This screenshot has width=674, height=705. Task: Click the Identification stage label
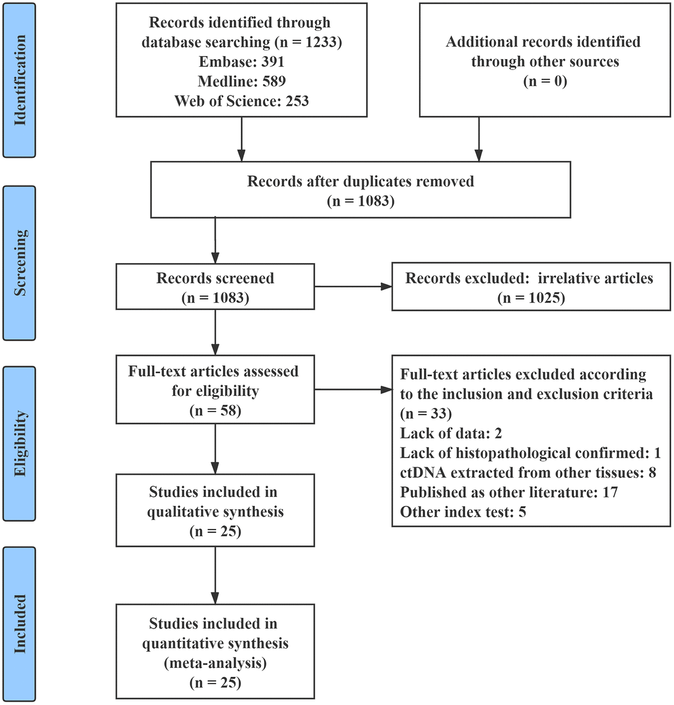(19, 80)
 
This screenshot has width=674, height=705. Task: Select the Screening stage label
(19, 263)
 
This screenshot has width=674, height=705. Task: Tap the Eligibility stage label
(19, 444)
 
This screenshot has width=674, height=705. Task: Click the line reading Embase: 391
(242, 62)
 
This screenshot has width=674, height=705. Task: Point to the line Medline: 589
(242, 82)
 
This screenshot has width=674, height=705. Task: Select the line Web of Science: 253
(242, 101)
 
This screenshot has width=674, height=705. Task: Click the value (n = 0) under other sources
(545, 82)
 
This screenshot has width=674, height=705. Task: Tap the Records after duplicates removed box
(361, 191)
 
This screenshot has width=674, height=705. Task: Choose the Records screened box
(215, 287)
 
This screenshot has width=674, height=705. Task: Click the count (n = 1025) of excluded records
(531, 297)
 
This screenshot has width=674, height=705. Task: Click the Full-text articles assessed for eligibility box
(215, 390)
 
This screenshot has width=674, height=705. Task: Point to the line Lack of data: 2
(450, 433)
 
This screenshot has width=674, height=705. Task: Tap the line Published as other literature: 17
(508, 492)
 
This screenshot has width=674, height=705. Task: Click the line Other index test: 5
(463, 512)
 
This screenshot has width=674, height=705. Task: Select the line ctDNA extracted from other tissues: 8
(527, 473)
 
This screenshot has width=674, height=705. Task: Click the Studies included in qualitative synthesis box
(215, 511)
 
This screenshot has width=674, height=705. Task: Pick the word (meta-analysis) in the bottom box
(215, 663)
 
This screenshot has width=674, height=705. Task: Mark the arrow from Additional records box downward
(479, 139)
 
